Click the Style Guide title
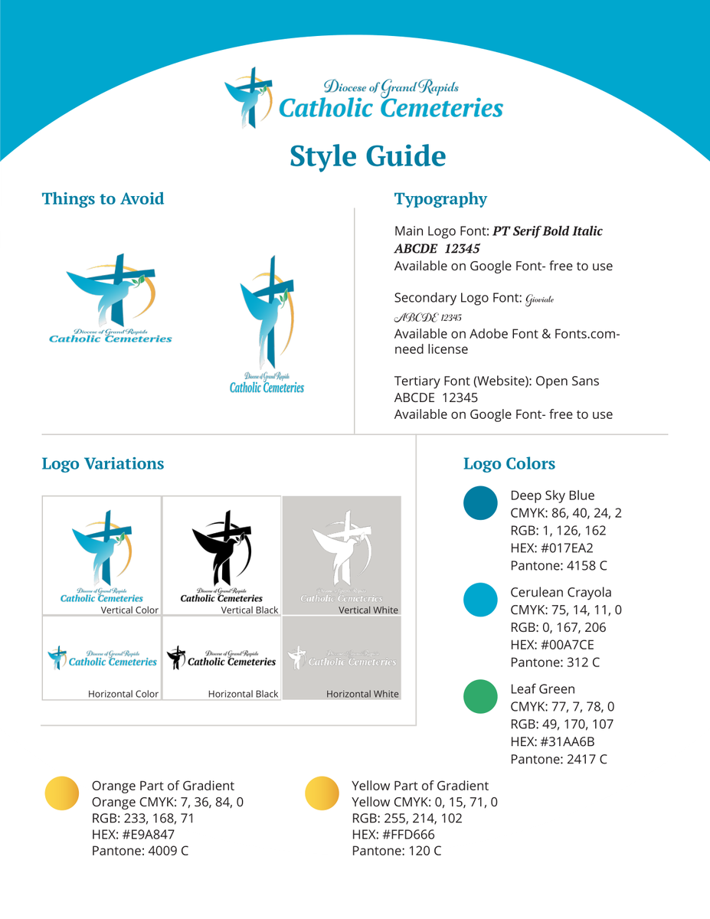(368, 155)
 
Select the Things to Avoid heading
(103, 199)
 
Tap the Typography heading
(440, 199)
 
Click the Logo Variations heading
(103, 463)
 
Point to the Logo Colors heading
(509, 463)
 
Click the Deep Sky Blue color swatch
(481, 503)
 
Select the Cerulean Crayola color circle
(481, 600)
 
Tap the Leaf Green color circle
(481, 696)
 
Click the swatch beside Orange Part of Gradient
(62, 793)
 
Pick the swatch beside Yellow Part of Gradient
(322, 793)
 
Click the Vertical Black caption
(250, 610)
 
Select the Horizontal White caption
(362, 694)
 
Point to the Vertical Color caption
(129, 610)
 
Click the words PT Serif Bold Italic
(548, 231)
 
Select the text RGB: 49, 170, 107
(561, 724)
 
